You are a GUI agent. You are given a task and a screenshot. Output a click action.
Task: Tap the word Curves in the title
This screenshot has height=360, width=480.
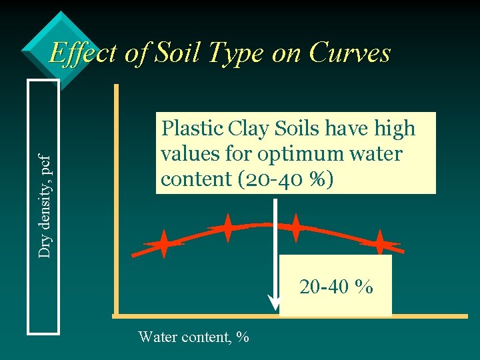[350, 53]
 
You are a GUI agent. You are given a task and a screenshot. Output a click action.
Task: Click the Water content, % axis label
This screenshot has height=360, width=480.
[193, 337]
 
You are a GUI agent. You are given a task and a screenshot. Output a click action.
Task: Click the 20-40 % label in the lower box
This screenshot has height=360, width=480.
[336, 287]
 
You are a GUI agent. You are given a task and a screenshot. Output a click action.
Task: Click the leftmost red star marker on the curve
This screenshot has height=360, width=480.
[163, 245]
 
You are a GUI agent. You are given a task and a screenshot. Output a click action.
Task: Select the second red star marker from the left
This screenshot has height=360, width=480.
[227, 228]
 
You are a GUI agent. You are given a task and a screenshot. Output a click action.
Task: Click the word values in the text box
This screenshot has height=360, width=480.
[187, 155]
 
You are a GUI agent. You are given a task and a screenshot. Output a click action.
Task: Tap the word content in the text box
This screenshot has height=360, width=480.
[187, 180]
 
